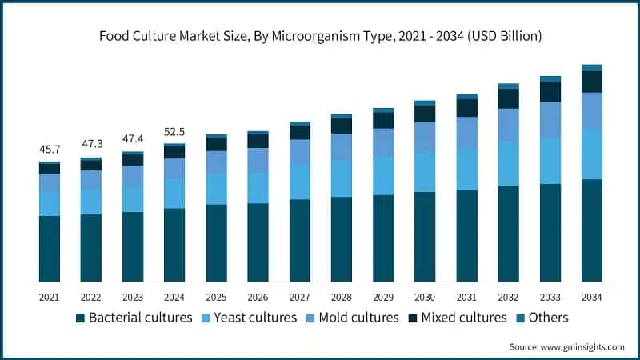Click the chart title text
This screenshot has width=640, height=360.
[320, 36]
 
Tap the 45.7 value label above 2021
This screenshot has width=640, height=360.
[50, 150]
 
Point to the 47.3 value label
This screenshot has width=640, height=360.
[91, 144]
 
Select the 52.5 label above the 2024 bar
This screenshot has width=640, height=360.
[174, 131]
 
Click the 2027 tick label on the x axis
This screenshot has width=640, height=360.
[299, 297]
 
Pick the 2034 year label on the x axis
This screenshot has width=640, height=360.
[591, 297]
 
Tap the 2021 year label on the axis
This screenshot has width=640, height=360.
[50, 297]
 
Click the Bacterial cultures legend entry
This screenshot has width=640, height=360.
[134, 318]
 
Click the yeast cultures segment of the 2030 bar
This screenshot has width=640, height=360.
[425, 172]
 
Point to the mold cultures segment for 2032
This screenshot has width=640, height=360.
[508, 125]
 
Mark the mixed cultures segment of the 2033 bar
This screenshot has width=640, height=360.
[550, 92]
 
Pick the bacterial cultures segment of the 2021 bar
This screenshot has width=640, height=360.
[50, 249]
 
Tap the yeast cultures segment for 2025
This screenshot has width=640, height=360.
[216, 189]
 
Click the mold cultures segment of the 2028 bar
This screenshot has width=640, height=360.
[341, 146]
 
